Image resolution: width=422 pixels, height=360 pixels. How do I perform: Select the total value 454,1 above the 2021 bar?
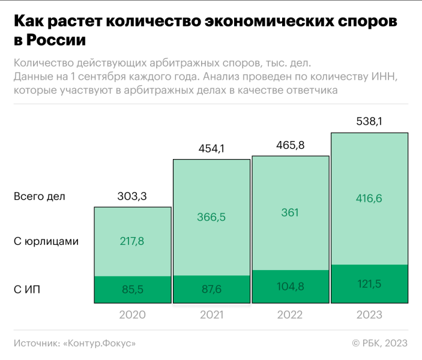coord(211,148)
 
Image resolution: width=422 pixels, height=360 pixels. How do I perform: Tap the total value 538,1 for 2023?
coord(369,121)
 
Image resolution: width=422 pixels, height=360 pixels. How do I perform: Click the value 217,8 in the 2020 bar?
coord(132,241)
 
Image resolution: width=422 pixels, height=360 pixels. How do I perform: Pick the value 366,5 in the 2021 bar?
coord(211,217)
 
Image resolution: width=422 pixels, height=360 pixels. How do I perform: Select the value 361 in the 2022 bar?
coord(290,212)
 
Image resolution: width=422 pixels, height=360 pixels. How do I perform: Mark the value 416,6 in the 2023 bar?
coord(369,199)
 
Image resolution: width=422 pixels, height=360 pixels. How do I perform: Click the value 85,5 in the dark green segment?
coord(132,290)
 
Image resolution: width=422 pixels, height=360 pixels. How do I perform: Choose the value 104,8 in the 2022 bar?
coord(290,286)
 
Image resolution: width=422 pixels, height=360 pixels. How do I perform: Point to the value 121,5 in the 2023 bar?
coord(369,283)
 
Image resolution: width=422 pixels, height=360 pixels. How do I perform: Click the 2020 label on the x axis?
coord(132,315)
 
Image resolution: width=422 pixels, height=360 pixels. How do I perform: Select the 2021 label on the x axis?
coord(211,315)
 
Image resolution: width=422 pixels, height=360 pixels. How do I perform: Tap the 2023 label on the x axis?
coord(369,315)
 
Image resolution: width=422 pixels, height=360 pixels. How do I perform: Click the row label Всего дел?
coord(39,196)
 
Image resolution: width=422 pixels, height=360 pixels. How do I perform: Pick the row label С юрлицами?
coord(46,242)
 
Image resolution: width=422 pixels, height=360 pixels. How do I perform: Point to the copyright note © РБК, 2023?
coord(379,343)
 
